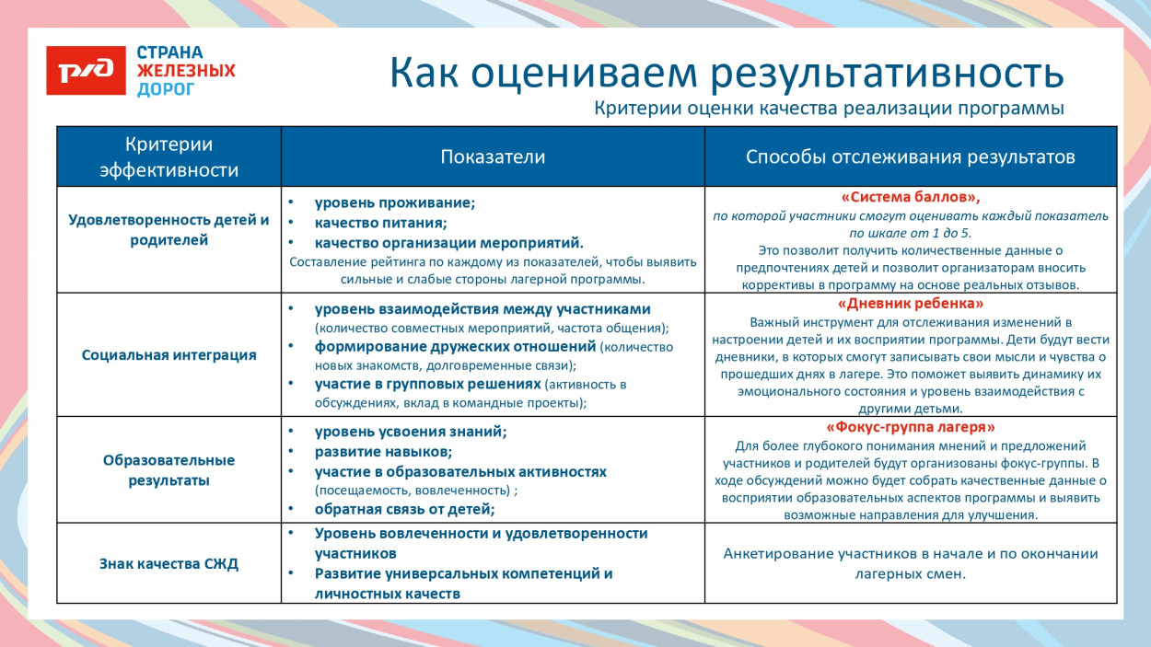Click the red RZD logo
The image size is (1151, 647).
86,71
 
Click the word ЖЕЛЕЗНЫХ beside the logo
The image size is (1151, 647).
186,71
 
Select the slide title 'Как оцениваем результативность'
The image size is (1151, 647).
726,73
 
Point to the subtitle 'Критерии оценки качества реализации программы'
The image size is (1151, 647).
829,109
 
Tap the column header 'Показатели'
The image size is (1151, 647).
493,157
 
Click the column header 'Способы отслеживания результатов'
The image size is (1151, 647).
910,157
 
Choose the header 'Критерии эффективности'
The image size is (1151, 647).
169,157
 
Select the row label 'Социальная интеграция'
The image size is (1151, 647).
169,355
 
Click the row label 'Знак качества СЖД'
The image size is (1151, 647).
169,564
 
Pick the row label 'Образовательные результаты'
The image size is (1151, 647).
169,470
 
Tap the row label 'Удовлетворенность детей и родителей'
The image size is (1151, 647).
169,230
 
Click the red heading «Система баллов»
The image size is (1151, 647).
910,197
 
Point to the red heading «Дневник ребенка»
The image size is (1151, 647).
910,303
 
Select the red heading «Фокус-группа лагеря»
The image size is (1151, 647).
910,427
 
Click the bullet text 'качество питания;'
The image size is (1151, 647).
380,223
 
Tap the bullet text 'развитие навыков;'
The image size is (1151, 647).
383,452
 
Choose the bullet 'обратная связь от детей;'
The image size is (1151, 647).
404,509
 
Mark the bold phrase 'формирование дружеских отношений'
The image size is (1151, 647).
455,347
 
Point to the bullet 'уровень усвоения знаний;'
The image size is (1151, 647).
411,432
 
